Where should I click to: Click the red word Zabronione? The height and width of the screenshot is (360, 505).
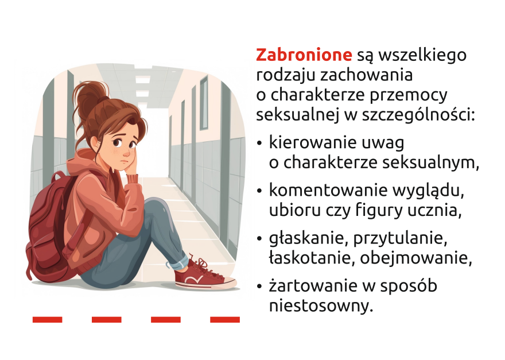(x=304, y=55)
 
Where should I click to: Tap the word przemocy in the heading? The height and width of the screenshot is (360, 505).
(x=408, y=95)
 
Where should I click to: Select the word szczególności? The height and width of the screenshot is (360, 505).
(x=418, y=115)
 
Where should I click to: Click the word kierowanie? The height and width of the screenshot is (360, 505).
(x=309, y=142)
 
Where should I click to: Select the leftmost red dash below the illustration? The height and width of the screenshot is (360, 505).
(x=47, y=319)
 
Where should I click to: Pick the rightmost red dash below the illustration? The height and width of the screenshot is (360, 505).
(x=225, y=319)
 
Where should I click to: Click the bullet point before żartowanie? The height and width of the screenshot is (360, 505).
(x=259, y=287)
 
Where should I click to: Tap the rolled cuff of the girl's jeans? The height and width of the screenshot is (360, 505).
(x=178, y=262)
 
